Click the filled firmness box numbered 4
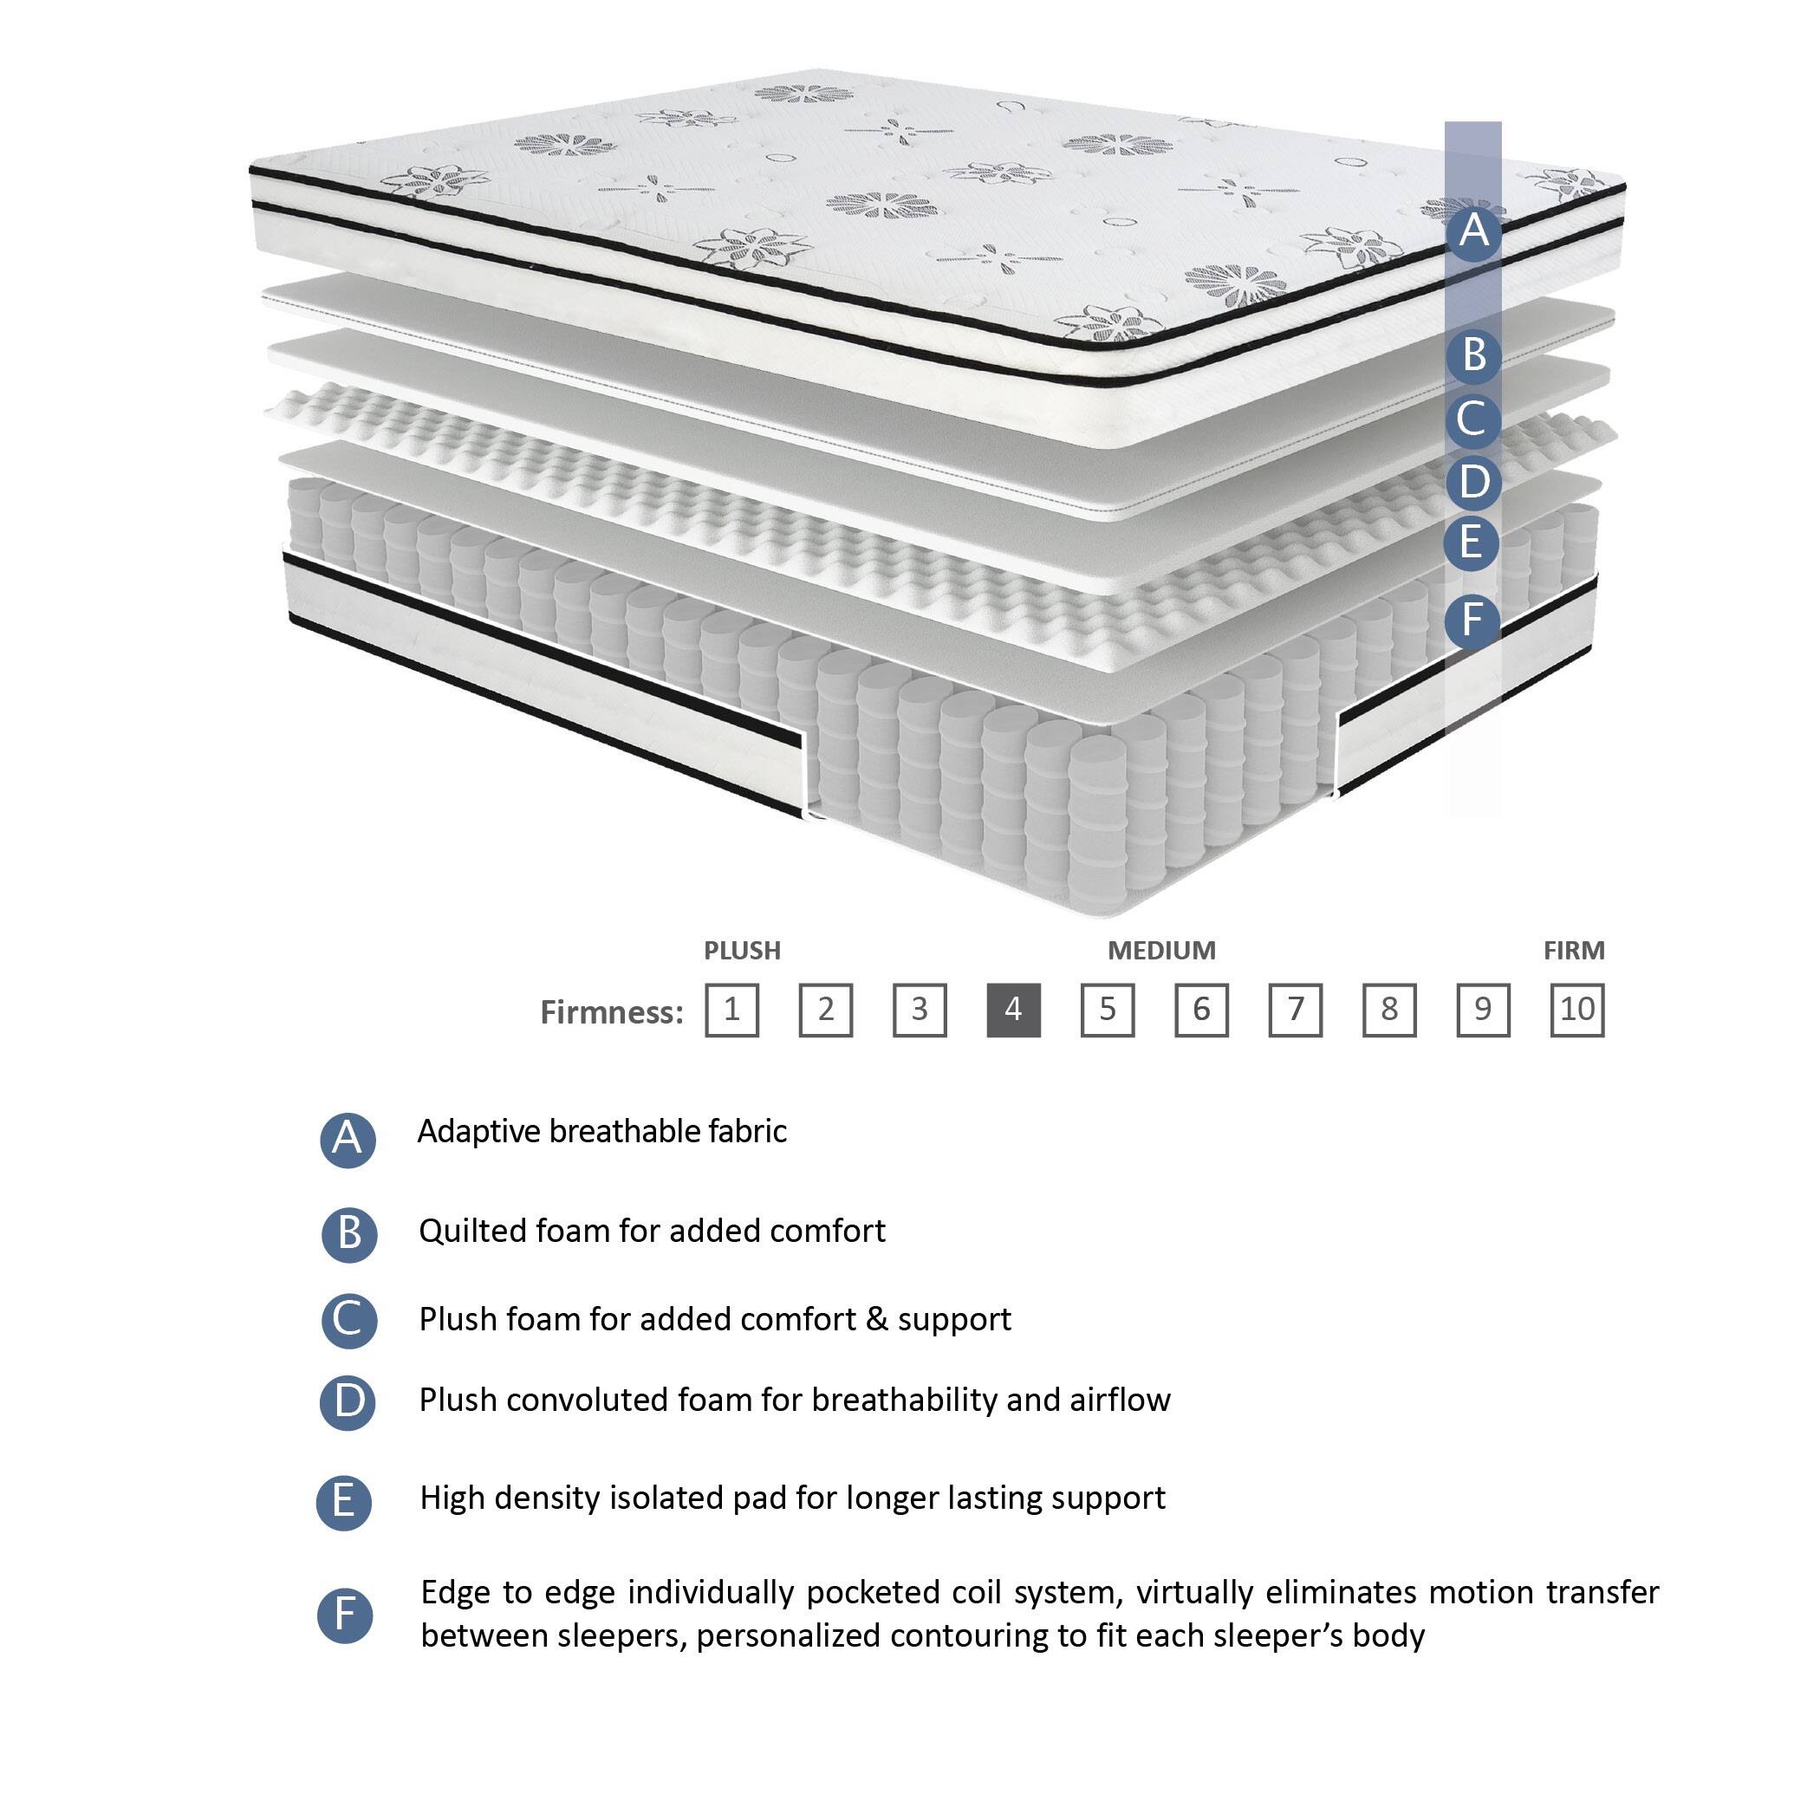1014,1010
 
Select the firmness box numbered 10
1577,1010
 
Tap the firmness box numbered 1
732,1010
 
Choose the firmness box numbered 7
1296,1010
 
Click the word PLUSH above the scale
743,951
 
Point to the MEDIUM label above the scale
1161,951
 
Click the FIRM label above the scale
1574,951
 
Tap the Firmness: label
611,1012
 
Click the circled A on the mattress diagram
1474,231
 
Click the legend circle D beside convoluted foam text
348,1401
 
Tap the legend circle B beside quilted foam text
348,1233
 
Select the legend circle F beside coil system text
345,1615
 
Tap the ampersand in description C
877,1319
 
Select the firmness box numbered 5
1108,1010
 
